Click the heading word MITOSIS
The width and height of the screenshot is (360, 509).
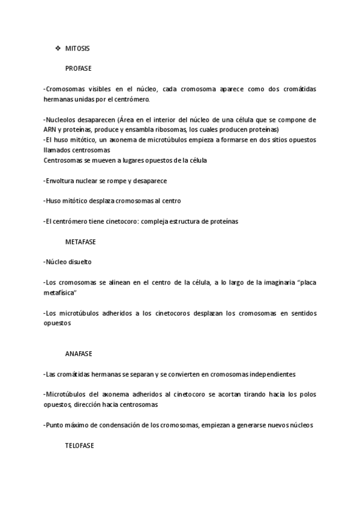(77, 47)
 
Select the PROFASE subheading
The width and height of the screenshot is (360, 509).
(78, 68)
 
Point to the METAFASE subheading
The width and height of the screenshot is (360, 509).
(80, 242)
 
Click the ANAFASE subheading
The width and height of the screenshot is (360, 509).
(78, 354)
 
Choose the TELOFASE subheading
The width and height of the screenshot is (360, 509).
(79, 446)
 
